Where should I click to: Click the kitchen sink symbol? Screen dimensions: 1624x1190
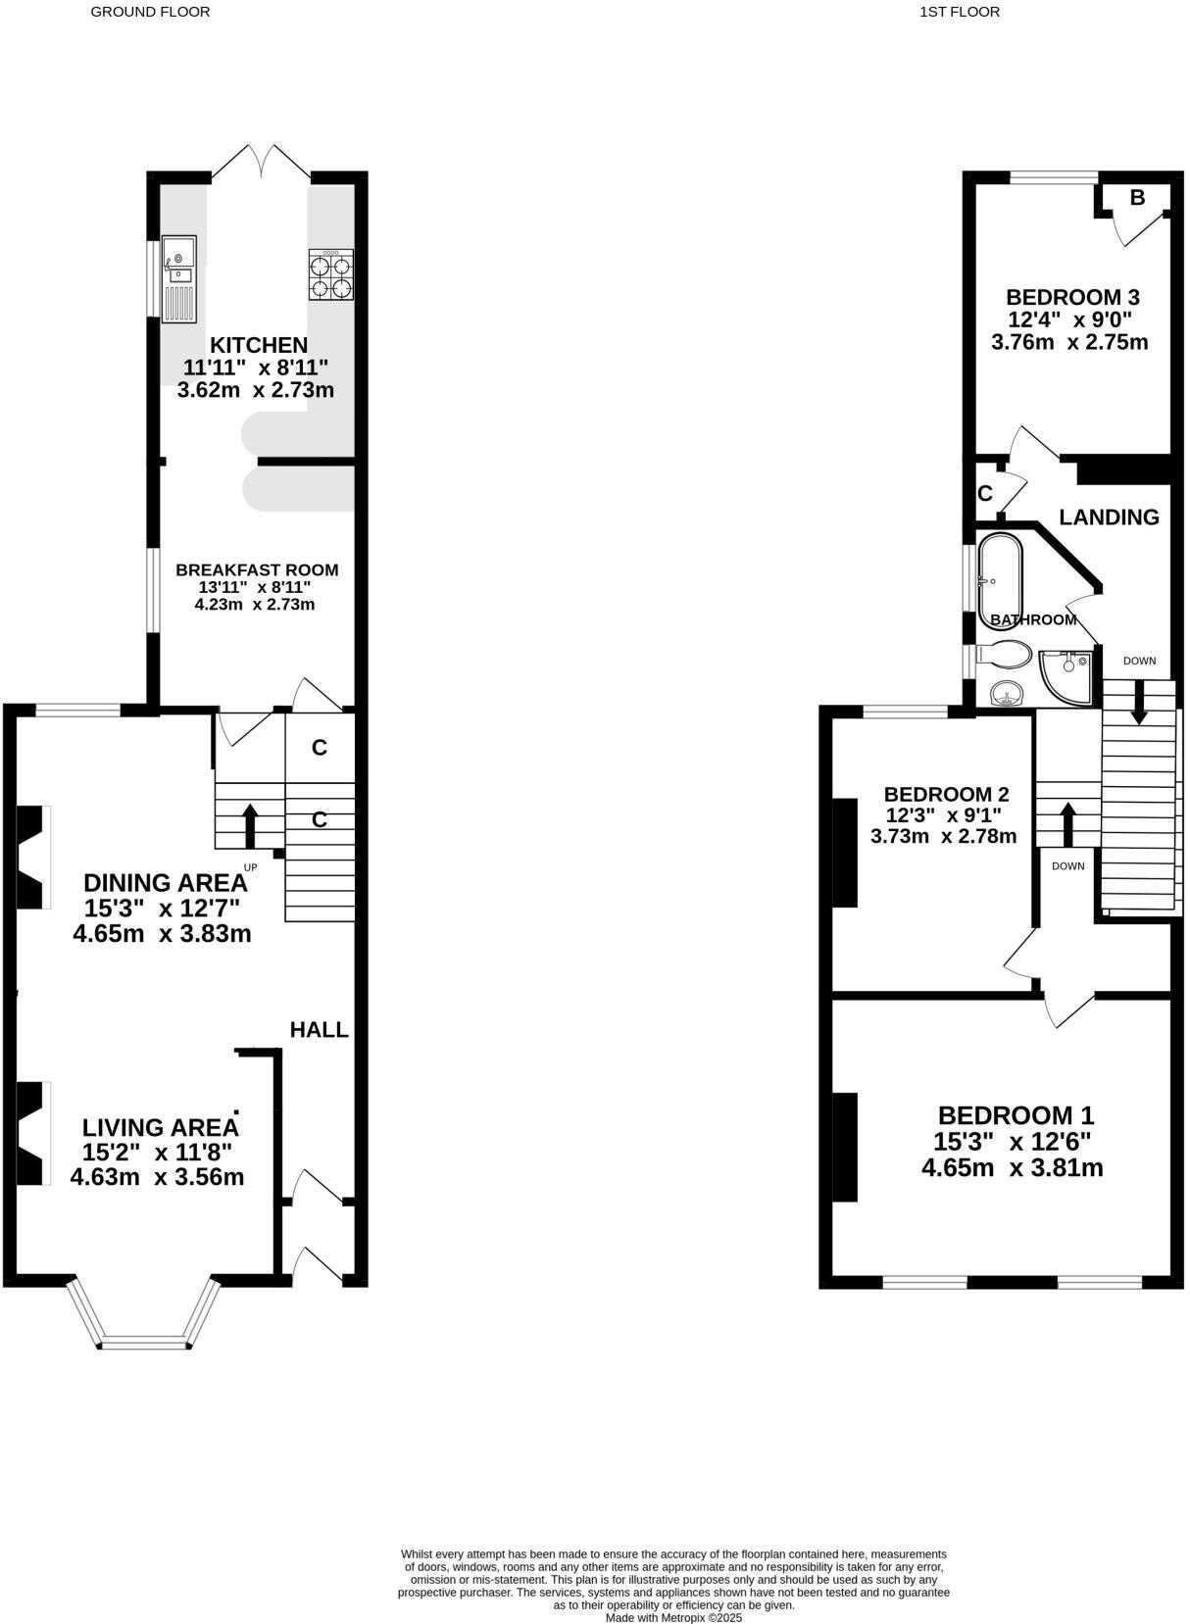point(180,278)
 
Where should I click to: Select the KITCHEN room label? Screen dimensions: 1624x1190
point(259,345)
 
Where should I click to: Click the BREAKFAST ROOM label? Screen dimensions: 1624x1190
point(257,569)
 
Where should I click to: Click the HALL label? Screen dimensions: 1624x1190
point(319,1029)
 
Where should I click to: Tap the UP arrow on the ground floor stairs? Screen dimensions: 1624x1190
point(250,825)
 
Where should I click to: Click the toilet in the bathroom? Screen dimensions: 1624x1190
point(1006,655)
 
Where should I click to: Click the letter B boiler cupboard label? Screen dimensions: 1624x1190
point(1137,198)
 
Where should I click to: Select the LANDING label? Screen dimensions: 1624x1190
point(1109,517)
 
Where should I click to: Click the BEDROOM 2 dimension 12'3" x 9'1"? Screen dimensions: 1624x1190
point(943,814)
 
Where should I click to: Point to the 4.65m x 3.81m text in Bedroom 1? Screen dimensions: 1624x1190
point(1013,1167)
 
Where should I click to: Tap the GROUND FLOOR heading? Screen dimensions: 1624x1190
point(150,12)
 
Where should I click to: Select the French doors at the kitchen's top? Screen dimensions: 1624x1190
point(261,162)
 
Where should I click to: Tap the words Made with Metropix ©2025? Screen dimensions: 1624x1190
point(673,1617)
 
